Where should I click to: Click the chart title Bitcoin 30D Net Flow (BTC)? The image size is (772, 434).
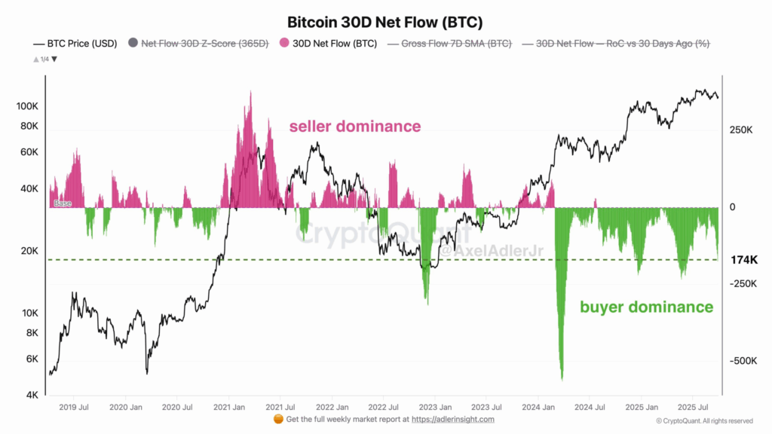(385, 22)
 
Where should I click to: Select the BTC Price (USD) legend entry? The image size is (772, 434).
(75, 44)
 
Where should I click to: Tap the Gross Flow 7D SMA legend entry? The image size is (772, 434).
(456, 44)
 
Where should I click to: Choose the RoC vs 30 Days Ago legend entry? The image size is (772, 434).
(623, 44)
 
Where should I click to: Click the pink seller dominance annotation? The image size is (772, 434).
(355, 127)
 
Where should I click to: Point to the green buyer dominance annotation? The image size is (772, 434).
(646, 307)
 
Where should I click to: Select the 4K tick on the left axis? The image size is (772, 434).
(31, 395)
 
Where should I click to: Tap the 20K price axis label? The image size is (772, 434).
(28, 251)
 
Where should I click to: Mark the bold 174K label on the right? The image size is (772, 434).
(744, 260)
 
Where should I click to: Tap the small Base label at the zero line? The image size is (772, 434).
(63, 203)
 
